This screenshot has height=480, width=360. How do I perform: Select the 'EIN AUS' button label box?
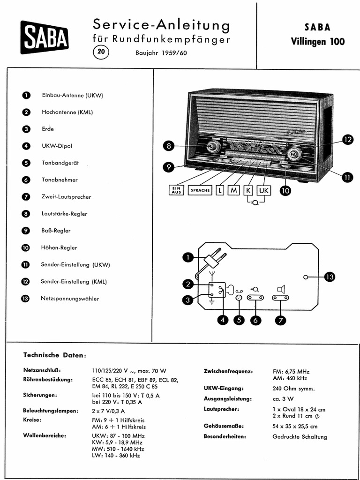point(177,190)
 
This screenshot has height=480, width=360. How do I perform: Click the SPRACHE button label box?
point(200,190)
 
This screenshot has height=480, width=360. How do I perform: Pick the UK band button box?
point(264,190)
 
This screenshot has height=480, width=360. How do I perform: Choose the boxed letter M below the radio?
point(233,190)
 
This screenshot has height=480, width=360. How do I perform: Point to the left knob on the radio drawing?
point(214,147)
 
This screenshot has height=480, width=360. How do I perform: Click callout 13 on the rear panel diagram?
point(330,277)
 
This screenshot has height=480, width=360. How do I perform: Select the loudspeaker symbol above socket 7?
point(281,289)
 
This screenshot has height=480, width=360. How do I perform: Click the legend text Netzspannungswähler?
point(70,298)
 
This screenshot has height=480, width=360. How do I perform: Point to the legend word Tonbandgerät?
point(60,163)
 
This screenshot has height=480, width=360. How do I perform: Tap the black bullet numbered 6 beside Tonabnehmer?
point(26,180)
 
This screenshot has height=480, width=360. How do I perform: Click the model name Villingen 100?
point(318,41)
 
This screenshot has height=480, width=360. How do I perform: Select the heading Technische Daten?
point(55,355)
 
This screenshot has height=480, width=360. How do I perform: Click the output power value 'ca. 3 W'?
point(283,399)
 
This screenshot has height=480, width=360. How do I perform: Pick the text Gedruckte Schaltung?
point(300,437)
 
